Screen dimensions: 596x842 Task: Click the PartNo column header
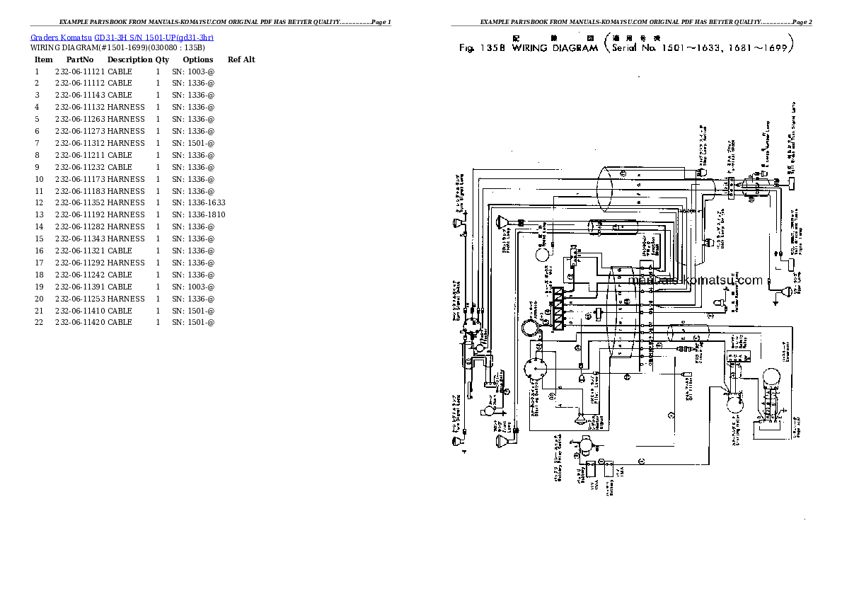[x=80, y=59]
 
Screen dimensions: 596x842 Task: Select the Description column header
[x=130, y=59]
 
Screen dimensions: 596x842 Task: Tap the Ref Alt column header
[x=241, y=59]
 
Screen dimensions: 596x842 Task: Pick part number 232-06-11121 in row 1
[x=79, y=71]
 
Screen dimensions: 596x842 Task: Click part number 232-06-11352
[x=79, y=202]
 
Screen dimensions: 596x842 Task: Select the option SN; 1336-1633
[x=199, y=202]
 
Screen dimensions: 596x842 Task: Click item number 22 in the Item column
[x=39, y=322]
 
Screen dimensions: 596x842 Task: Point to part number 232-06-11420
[x=79, y=322]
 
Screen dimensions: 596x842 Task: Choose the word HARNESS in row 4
[x=126, y=107]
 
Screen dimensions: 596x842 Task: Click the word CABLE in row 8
[x=120, y=155]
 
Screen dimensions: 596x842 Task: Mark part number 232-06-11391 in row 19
[x=79, y=287]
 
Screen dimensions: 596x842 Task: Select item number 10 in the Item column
[x=39, y=179]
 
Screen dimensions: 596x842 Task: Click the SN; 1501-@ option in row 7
[x=193, y=143]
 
